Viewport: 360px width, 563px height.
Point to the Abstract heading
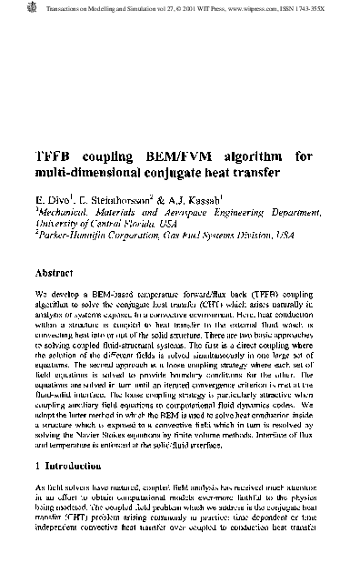[61, 272]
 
